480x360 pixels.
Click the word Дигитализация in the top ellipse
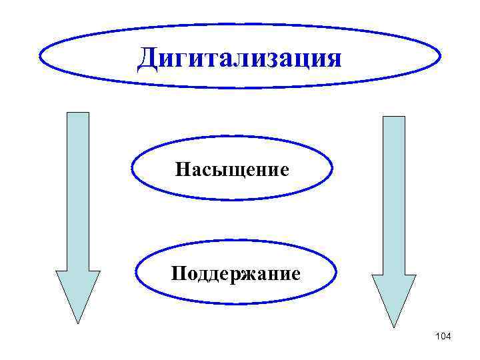pyautogui.click(x=239, y=58)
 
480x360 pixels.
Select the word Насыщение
pyautogui.click(x=232, y=170)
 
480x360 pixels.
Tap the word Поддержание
pyautogui.click(x=235, y=273)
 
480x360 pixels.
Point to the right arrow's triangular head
pyautogui.click(x=393, y=298)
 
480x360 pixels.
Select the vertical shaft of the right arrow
pyautogui.click(x=393, y=193)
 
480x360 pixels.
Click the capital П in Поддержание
pyautogui.click(x=178, y=273)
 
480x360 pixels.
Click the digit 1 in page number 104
pyautogui.click(x=437, y=337)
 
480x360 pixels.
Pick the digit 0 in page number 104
pyautogui.click(x=442, y=337)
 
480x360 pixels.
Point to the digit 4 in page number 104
pyautogui.click(x=448, y=337)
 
